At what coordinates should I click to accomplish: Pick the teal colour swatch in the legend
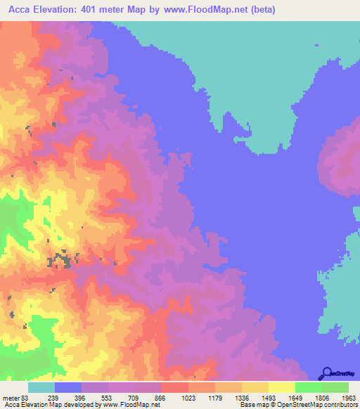coord(41,387)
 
